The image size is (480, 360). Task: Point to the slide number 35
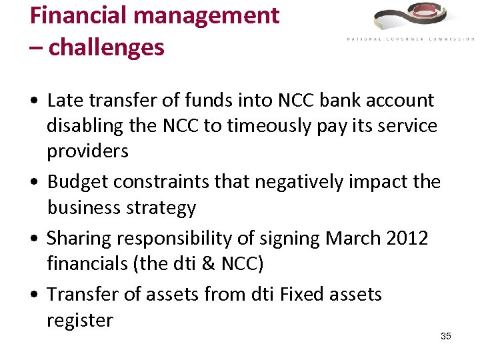446,336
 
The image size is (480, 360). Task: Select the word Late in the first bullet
63,101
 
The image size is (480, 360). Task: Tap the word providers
87,151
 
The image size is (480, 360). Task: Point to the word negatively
293,181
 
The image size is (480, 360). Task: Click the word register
80,321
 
